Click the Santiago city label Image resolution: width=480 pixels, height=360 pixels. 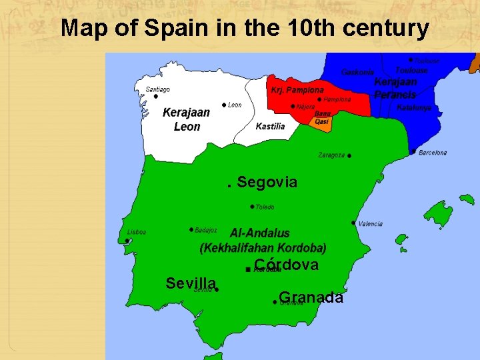coord(158,89)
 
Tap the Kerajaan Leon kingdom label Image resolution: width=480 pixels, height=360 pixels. coord(186,119)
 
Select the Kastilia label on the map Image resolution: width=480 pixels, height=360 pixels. coord(270,126)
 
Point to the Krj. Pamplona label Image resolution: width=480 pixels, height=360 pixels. coord(297,90)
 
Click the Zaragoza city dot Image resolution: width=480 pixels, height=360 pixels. coord(349,155)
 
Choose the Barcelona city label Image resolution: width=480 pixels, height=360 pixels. coord(433,153)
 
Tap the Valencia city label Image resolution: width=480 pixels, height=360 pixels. coord(371,224)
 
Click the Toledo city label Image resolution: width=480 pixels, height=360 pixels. coord(265,207)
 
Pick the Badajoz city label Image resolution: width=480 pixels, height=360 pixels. coord(206,230)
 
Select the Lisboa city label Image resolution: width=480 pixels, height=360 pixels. coord(136,232)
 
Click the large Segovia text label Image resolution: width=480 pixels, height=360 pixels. coord(267,182)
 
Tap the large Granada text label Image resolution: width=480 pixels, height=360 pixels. coord(311,297)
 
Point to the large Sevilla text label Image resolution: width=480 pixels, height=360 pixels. coord(191,283)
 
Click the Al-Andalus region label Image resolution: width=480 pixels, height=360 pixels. coord(260,233)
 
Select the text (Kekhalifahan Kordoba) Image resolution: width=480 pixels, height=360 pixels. coord(263,248)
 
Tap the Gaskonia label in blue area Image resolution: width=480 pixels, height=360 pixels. coord(357,71)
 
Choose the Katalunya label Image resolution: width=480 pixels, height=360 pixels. coord(414,107)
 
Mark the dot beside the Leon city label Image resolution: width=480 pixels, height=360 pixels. coord(223,105)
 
